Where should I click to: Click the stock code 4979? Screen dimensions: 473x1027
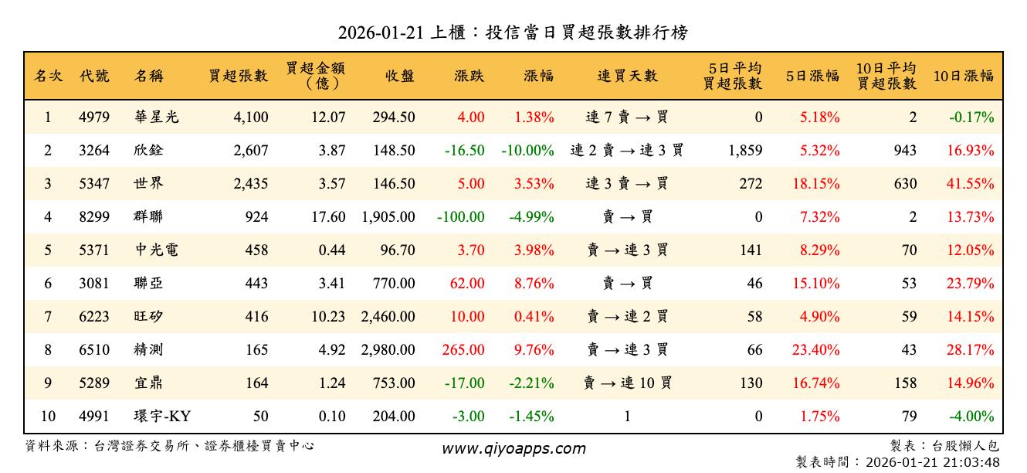pyautogui.click(x=94, y=117)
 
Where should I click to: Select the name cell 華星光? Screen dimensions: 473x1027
pyautogui.click(x=156, y=117)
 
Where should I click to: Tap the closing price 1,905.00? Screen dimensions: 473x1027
pyautogui.click(x=388, y=217)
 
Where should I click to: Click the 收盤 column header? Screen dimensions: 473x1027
pyautogui.click(x=398, y=76)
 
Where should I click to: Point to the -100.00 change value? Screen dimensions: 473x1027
pyautogui.click(x=460, y=217)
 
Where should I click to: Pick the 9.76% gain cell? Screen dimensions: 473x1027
pyautogui.click(x=534, y=350)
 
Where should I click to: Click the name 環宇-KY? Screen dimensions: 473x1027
pyautogui.click(x=161, y=417)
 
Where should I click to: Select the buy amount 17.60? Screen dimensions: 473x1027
pyautogui.click(x=328, y=217)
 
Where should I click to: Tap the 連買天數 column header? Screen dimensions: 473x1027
pyautogui.click(x=627, y=76)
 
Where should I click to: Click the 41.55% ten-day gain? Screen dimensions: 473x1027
pyautogui.click(x=970, y=184)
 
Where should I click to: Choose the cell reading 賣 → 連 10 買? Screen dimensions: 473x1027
pyautogui.click(x=627, y=383)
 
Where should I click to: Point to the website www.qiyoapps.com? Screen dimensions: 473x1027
pyautogui.click(x=513, y=448)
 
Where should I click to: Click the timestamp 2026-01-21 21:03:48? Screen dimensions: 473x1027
pyautogui.click(x=933, y=462)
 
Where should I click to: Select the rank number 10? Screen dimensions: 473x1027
pyautogui.click(x=48, y=417)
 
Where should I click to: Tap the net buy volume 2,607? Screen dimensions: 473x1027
pyautogui.click(x=251, y=151)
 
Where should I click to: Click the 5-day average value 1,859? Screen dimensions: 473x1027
pyautogui.click(x=745, y=151)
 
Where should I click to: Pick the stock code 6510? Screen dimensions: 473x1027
pyautogui.click(x=94, y=350)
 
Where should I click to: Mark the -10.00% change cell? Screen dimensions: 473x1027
pyautogui.click(x=527, y=151)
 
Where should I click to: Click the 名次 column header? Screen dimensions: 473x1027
pyautogui.click(x=48, y=76)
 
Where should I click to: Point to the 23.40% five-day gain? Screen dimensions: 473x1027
pyautogui.click(x=815, y=350)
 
